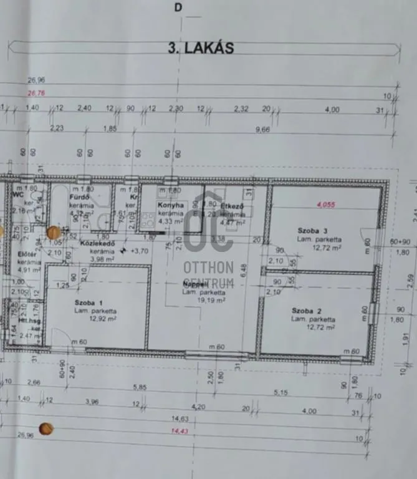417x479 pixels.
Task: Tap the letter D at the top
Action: [179, 8]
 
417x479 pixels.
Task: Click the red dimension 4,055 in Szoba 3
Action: [325, 204]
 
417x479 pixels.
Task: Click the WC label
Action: [18, 194]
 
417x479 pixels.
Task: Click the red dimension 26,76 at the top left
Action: [37, 94]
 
